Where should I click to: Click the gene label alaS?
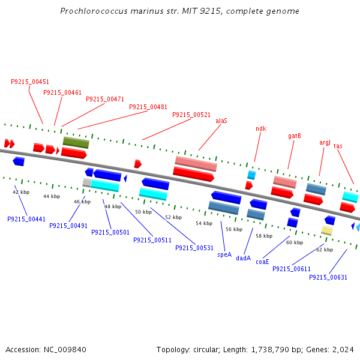(221, 121)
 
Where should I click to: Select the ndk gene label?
(261, 128)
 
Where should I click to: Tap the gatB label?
(295, 136)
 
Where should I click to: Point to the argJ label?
(325, 142)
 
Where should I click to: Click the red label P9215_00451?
(30, 82)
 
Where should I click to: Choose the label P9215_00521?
(191, 115)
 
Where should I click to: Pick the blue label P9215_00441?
(26, 219)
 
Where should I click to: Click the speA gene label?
(224, 254)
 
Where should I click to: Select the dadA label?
(243, 258)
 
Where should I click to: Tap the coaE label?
(263, 262)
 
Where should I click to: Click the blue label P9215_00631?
(328, 277)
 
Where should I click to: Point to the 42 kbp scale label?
(21, 192)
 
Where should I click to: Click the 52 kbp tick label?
(173, 217)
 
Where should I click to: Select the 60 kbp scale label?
(295, 242)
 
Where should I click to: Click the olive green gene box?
(76, 143)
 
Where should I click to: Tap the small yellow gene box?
(327, 230)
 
